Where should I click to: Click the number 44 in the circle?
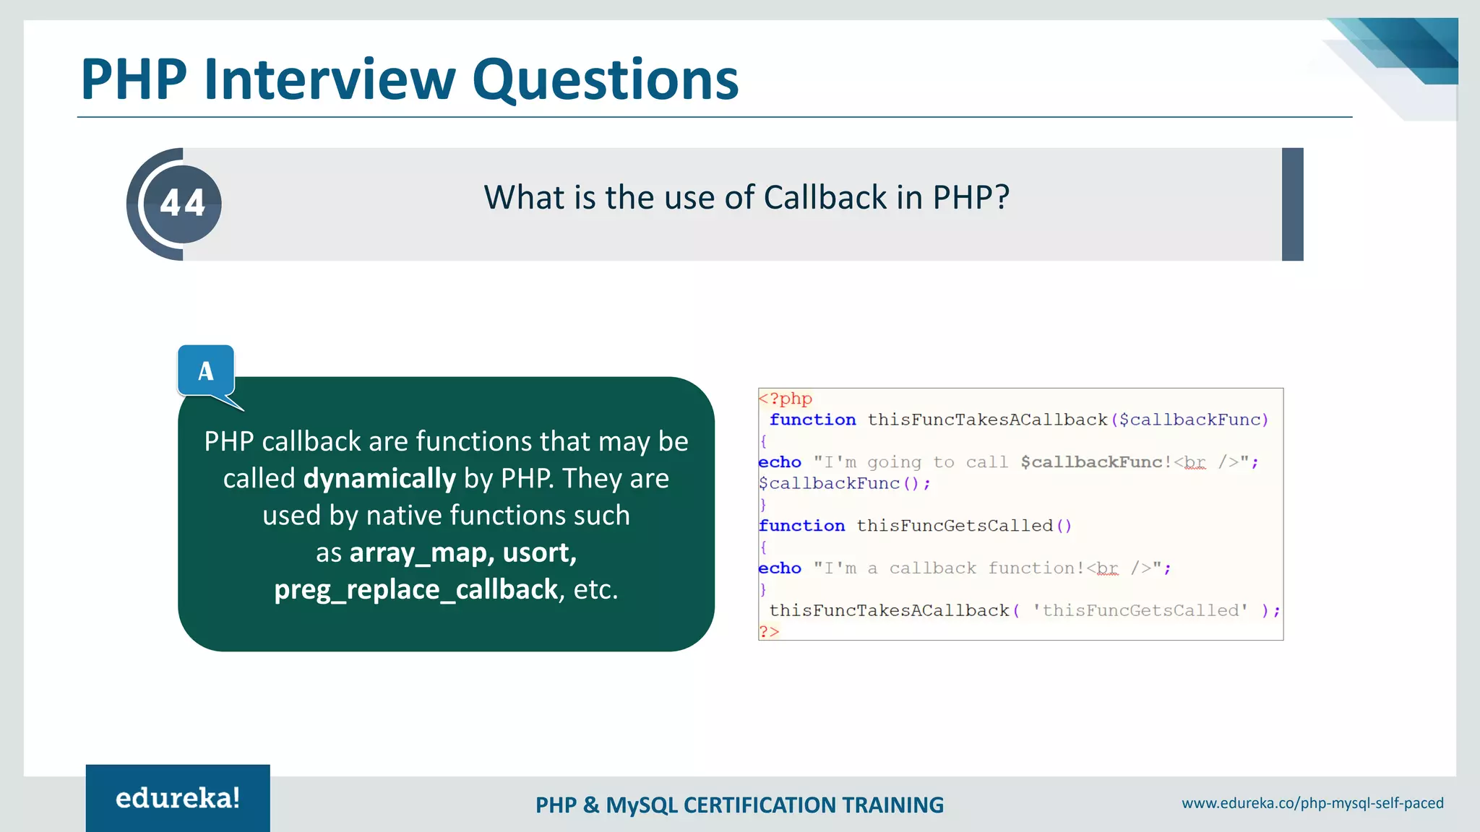(183, 203)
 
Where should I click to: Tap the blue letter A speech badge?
(206, 371)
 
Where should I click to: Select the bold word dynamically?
(379, 479)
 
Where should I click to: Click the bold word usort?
(539, 553)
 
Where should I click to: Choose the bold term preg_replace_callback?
(416, 590)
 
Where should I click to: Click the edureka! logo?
(178, 798)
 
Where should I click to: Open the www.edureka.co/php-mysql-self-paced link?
(1312, 803)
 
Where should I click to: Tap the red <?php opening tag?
(786, 399)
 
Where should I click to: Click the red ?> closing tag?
(769, 632)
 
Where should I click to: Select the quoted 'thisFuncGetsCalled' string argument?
(1140, 611)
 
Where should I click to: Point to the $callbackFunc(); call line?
(844, 484)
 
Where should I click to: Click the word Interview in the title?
(330, 79)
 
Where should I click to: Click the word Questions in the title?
(606, 79)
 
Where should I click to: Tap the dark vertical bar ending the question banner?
(1292, 204)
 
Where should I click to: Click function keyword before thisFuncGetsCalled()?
(801, 526)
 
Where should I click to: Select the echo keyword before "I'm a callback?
(780, 568)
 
